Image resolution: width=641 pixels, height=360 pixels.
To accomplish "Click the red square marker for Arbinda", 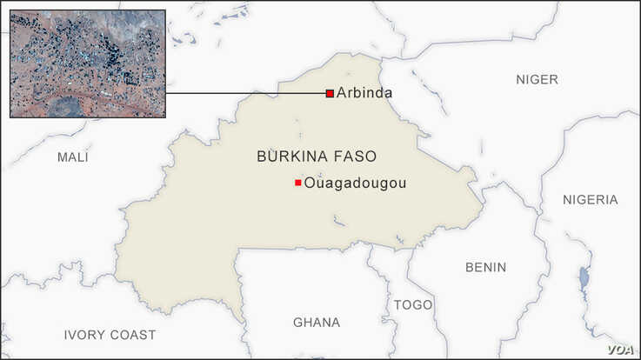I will coord(330,93).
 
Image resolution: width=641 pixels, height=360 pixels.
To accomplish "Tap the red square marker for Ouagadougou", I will coord(298,183).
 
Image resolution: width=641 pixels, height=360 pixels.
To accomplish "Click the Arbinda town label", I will coord(364,93).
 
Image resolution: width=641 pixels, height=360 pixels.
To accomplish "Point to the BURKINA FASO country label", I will coord(317,157).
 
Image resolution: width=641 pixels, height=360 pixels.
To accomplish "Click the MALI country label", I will coord(73,157).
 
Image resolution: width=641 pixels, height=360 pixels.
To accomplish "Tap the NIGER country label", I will coord(537,79).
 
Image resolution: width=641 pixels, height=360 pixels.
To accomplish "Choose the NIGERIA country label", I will coord(590,199).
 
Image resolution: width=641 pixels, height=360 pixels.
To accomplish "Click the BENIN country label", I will coord(485,267).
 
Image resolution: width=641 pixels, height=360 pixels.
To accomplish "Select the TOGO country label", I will coord(412,304).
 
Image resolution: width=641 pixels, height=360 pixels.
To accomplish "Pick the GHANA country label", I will coord(317,323).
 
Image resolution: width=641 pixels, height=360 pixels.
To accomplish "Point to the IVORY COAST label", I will coord(110,335).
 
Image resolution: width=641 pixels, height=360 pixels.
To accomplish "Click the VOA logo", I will coord(618,349).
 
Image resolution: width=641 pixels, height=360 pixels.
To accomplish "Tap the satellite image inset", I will coord(87,63).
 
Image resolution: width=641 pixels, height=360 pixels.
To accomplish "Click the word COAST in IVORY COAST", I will coord(133,335).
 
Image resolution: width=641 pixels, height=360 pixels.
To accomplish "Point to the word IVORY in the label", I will coord(83,335).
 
